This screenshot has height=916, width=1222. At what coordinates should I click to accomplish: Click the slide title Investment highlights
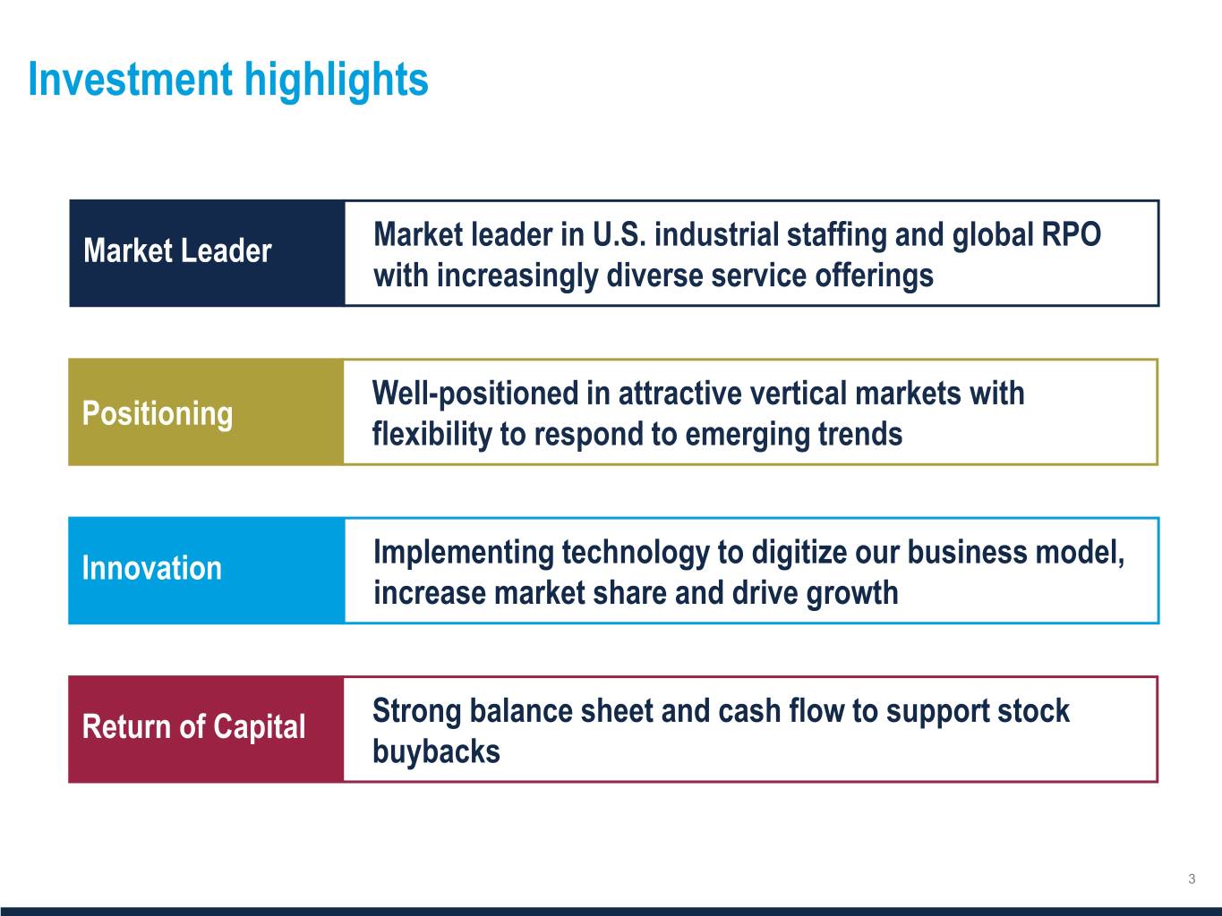click(228, 81)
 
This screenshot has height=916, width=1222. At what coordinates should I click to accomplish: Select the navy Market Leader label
click(177, 250)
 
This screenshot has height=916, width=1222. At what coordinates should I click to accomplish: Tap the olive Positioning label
click(158, 414)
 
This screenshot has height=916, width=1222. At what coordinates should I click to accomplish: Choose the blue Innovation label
click(152, 568)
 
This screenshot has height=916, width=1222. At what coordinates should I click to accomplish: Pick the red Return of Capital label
click(193, 727)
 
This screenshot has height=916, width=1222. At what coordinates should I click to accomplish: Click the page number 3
click(1192, 878)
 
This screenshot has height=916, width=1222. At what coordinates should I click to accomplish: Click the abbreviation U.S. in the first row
click(620, 234)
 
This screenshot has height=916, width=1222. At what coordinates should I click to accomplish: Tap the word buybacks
click(437, 751)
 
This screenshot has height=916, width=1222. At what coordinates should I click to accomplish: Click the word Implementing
click(464, 554)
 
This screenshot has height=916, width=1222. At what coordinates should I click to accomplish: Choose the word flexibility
click(432, 435)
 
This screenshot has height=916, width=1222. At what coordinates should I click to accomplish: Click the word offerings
click(874, 276)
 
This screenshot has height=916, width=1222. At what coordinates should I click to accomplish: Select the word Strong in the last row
click(417, 712)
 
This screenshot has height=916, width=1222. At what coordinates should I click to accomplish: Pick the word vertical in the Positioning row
click(799, 394)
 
